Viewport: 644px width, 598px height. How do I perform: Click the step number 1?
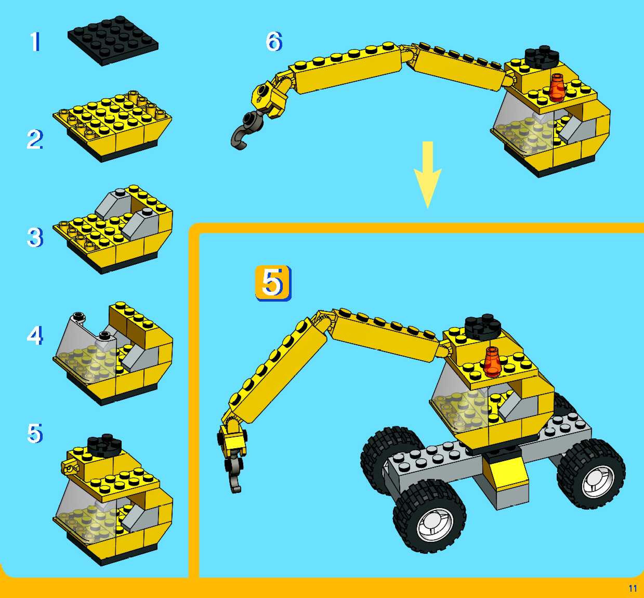point(35,41)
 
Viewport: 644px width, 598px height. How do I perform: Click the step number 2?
point(35,139)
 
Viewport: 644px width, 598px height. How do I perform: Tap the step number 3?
point(35,238)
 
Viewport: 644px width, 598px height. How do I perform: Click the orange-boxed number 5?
point(273,283)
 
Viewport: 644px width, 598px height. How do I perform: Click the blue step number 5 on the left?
point(35,434)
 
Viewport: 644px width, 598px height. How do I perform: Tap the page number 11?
point(633,588)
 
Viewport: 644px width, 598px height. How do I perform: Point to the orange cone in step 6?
point(557,87)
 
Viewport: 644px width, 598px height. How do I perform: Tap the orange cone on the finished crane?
point(492,362)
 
